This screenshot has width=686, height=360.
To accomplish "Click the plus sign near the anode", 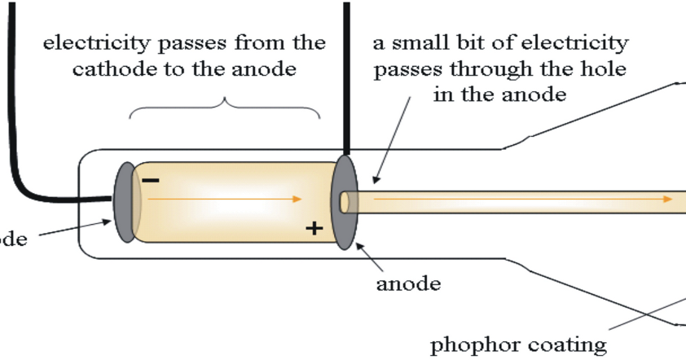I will pos(313,228).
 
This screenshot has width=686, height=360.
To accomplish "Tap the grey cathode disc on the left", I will pos(126,203).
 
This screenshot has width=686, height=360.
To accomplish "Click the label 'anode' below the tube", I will pos(408,285).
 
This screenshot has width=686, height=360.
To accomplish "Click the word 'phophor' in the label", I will pos(468,345).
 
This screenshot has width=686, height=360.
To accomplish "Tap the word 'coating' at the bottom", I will pos(565,345).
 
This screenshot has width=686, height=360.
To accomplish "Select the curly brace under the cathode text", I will pos(225,106).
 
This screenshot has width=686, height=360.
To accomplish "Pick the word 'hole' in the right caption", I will pos(603,69).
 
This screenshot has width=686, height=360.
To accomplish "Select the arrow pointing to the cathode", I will pos(73,231).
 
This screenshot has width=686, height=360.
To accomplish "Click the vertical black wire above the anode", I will pos(346,73).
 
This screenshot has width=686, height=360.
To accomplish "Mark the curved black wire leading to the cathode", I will pos(33,183).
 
